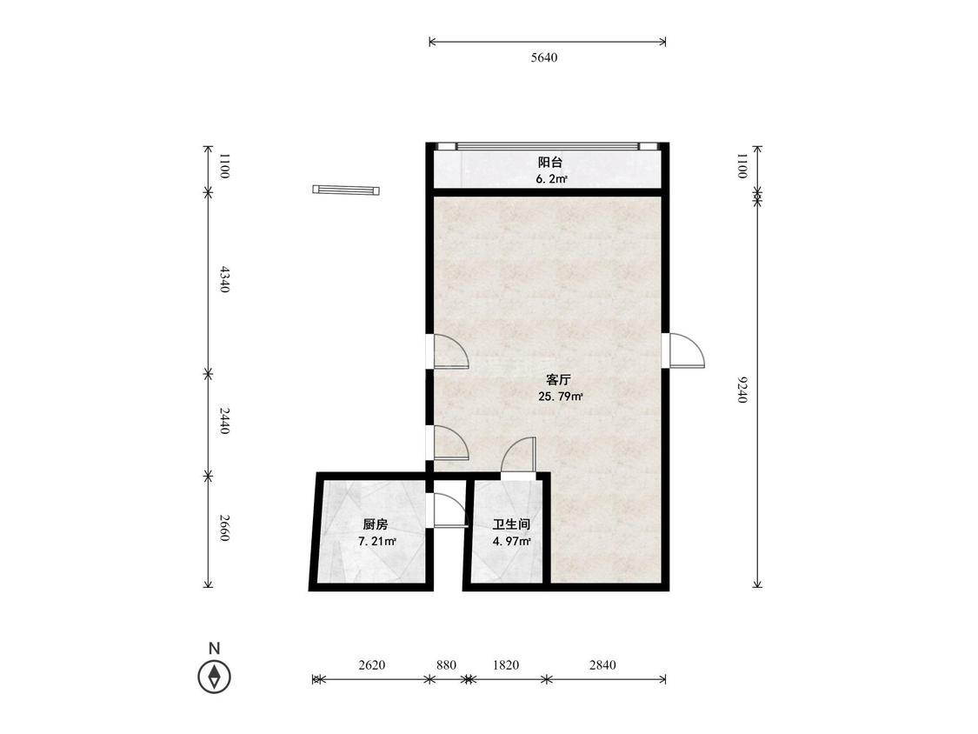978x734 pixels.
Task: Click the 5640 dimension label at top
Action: [544, 57]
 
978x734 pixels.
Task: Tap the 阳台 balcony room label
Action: [550, 163]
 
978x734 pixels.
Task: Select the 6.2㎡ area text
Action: [551, 180]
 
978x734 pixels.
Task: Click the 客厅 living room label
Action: [559, 379]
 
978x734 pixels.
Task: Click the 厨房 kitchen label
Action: [376, 524]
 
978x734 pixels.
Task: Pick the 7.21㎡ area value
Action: [377, 541]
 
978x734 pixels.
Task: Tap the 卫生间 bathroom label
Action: [511, 524]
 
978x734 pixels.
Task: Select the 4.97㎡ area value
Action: [511, 541]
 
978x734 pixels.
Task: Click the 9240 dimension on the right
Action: [742, 390]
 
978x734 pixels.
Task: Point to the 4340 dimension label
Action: [224, 279]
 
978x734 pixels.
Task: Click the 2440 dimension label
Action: [224, 421]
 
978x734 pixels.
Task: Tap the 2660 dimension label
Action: [224, 528]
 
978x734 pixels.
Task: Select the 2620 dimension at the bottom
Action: [372, 664]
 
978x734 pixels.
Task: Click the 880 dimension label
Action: [446, 664]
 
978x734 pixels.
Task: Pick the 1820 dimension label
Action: [505, 664]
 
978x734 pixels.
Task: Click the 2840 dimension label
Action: [602, 664]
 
